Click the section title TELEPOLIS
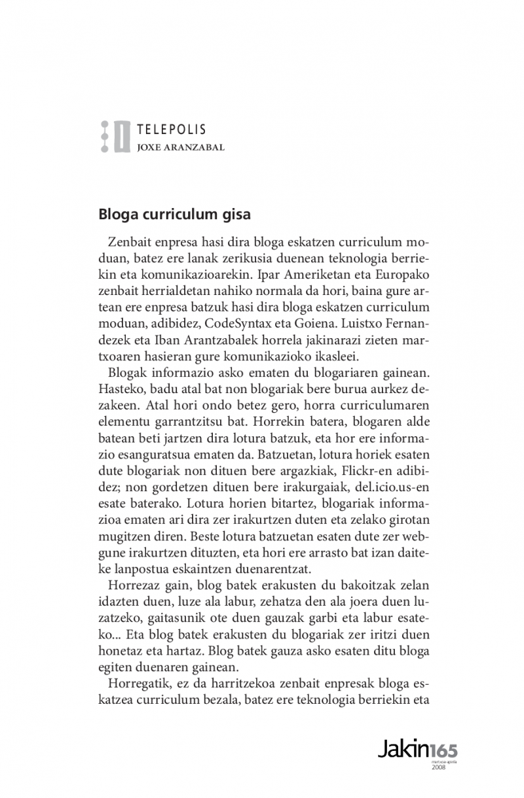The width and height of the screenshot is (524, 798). (172, 130)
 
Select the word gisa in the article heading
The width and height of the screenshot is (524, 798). (236, 214)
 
